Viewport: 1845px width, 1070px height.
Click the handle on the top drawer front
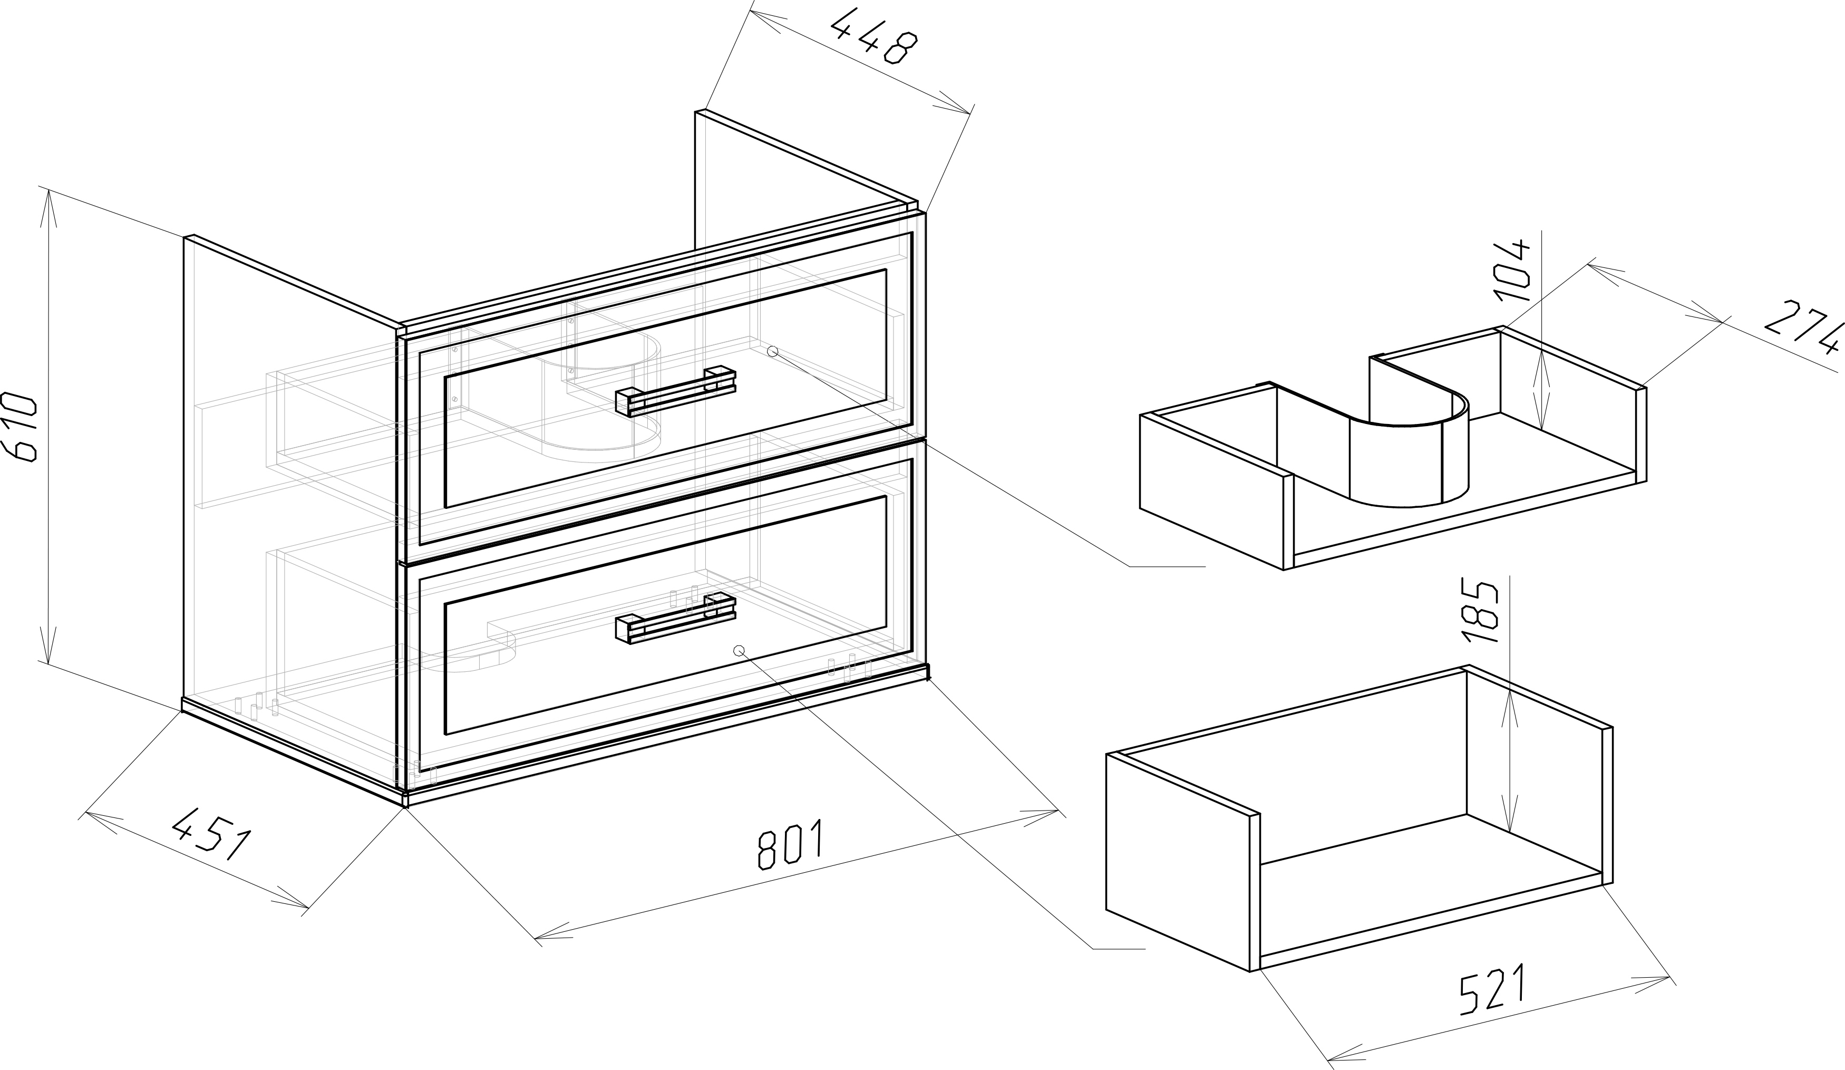[675, 390]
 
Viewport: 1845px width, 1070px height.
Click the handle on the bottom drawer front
[675, 619]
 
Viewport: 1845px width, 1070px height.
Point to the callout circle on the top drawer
[772, 352]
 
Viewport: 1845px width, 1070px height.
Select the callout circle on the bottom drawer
[739, 650]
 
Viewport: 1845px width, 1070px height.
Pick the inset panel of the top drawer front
[665, 388]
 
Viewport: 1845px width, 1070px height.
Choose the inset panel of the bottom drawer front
[665, 615]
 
